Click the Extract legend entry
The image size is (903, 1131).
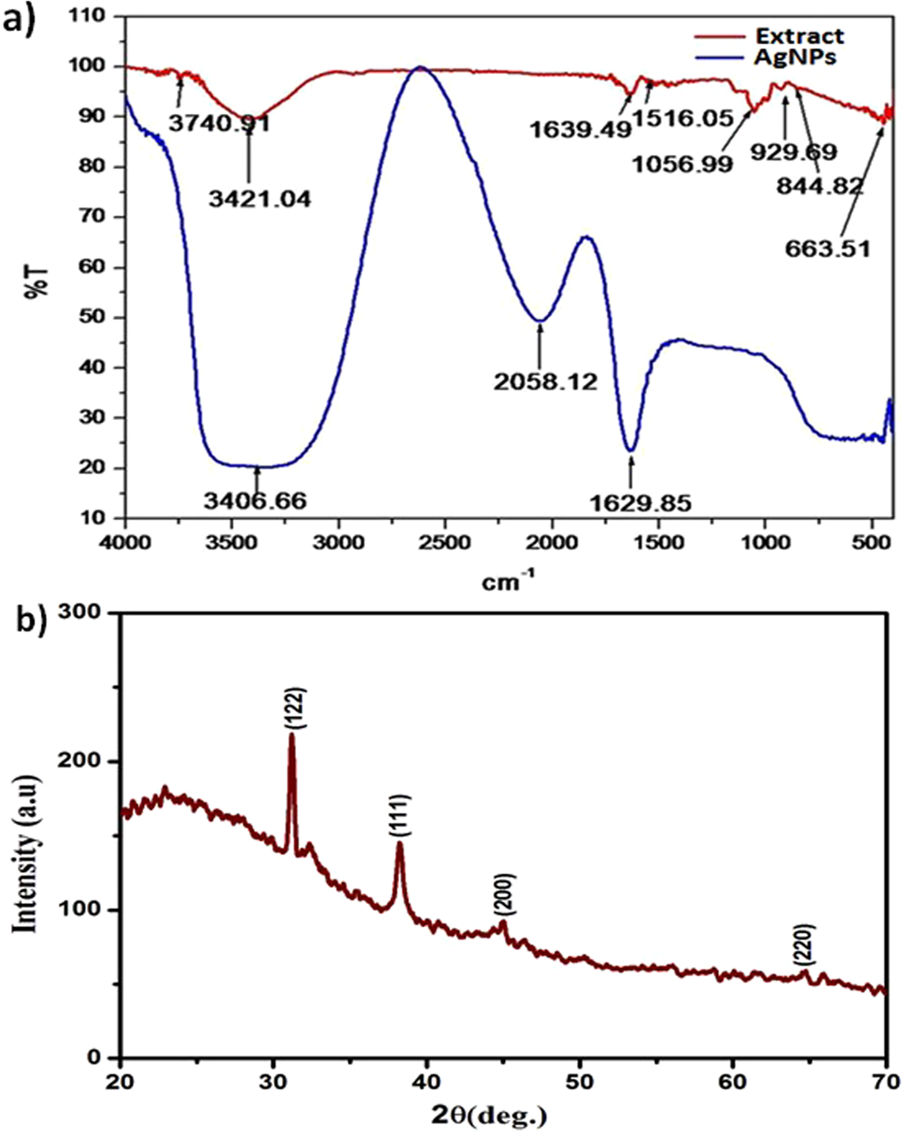tap(799, 36)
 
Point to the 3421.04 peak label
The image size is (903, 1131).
tap(260, 198)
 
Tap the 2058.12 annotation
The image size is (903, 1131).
tap(546, 382)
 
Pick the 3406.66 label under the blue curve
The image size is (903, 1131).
tap(254, 500)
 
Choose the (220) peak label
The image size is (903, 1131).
tap(803, 944)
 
